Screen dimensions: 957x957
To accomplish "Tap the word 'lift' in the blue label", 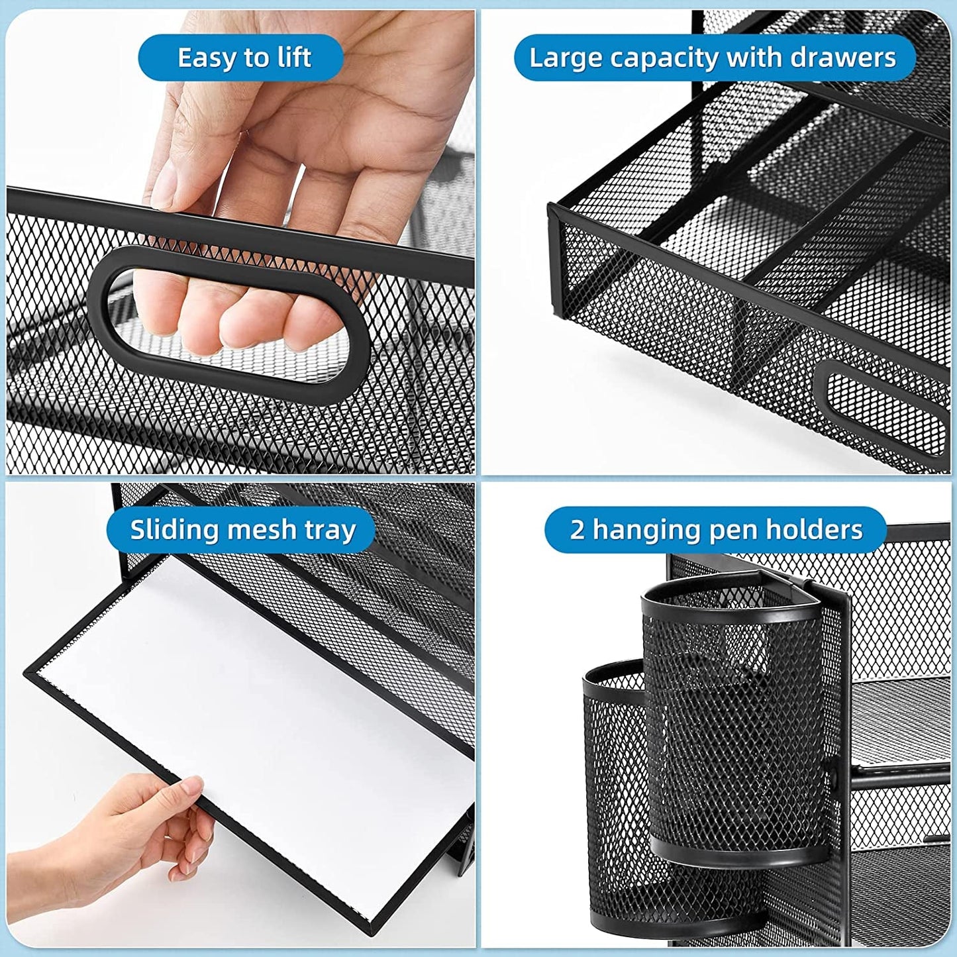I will point(294,58).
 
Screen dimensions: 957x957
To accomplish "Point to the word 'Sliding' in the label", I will point(174,530).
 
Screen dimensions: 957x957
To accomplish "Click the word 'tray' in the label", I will point(330,530).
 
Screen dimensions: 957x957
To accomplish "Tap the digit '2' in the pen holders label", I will point(577,530).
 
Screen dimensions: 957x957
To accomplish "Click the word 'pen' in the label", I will point(728,530).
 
